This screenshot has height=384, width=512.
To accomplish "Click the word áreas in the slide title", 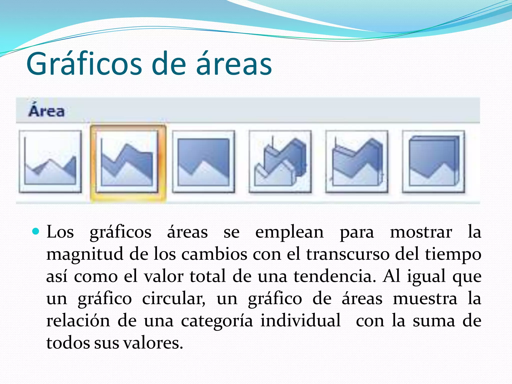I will click(234, 64).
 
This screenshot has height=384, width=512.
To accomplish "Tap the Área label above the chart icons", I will click(46, 111).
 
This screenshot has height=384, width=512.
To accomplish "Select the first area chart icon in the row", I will click(50, 161).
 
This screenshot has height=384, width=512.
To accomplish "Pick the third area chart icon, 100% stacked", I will click(203, 161).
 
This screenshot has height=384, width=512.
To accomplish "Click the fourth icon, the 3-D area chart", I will click(280, 161).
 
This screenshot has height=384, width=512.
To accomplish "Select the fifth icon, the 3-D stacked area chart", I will click(357, 161).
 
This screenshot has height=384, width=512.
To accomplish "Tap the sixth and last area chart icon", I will click(433, 161).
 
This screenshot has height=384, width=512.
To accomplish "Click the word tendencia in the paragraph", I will click(334, 276).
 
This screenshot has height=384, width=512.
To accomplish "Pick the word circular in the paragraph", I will click(173, 299).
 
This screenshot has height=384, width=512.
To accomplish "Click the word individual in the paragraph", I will click(300, 320).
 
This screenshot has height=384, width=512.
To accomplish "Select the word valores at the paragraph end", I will click(153, 343).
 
